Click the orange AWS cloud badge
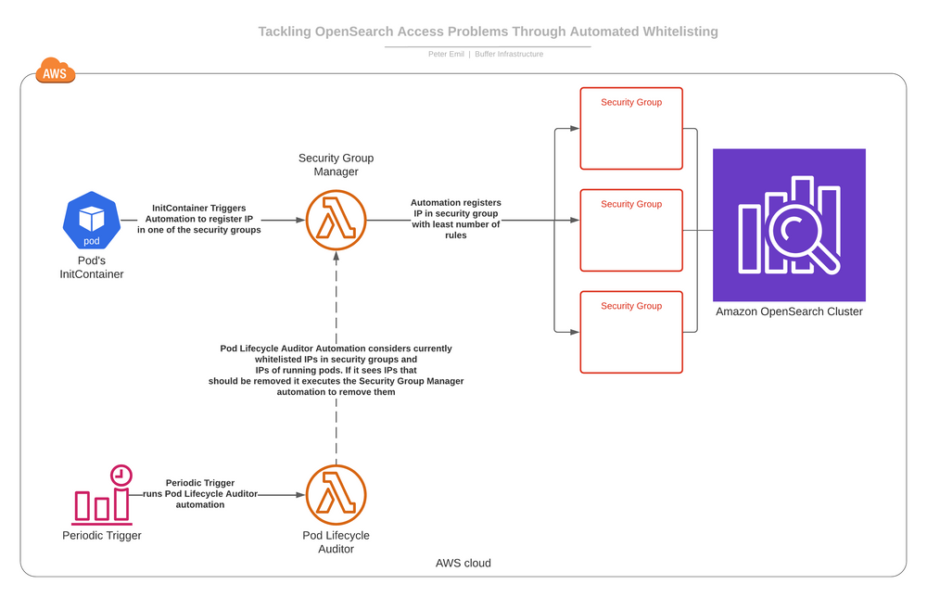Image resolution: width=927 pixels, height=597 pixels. point(55,71)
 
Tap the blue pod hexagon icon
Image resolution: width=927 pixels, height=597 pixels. point(91,221)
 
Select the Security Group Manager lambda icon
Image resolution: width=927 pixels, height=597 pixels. point(337,221)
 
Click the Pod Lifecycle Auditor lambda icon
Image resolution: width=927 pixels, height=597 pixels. point(337,495)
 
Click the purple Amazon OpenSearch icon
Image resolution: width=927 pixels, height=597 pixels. point(789,224)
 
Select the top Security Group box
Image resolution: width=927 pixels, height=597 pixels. point(631,128)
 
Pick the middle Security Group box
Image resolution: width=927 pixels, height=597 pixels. point(631,230)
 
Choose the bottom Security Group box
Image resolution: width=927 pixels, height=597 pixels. point(631,332)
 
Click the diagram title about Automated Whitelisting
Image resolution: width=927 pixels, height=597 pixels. point(488,32)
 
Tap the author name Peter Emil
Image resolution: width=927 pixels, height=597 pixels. point(446,55)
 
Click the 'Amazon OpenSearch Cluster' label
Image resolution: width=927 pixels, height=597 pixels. point(789,311)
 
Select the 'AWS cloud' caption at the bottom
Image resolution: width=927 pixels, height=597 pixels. point(463,563)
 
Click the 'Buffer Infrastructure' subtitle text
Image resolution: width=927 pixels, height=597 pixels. point(509,55)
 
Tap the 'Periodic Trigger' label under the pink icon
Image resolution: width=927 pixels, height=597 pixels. point(102,536)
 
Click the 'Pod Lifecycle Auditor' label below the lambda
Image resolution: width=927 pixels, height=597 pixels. point(336,542)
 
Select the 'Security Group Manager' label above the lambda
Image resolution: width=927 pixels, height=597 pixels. point(336,165)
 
